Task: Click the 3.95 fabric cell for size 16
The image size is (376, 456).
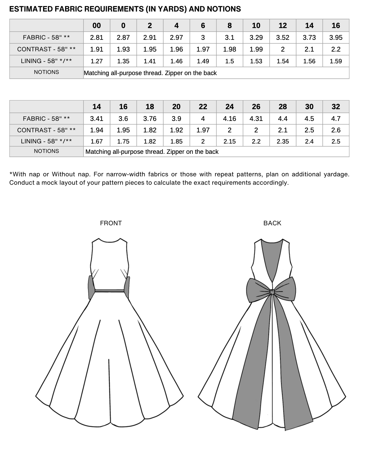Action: pyautogui.click(x=336, y=37)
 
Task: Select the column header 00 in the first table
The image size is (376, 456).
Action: pyautogui.click(x=97, y=26)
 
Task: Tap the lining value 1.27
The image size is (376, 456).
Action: pyautogui.click(x=97, y=61)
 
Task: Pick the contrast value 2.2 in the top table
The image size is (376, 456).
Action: pyautogui.click(x=336, y=49)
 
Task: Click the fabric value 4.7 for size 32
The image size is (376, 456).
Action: pyautogui.click(x=336, y=119)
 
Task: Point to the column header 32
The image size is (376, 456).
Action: pyautogui.click(x=336, y=107)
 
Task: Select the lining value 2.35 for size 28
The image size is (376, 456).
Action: pyautogui.click(x=283, y=141)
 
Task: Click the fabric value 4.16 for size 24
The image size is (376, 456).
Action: pyautogui.click(x=230, y=119)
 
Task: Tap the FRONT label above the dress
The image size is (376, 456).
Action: pyautogui.click(x=111, y=223)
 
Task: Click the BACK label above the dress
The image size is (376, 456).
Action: pyautogui.click(x=272, y=223)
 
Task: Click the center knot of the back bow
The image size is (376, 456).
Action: pyautogui.click(x=272, y=291)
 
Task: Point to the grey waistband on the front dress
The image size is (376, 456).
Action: pyautogui.click(x=109, y=291)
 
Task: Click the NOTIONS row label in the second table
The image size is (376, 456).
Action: pyautogui.click(x=46, y=151)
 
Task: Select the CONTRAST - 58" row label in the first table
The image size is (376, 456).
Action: pyautogui.click(x=46, y=49)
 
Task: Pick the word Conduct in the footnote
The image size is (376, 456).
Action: pyautogui.click(x=22, y=183)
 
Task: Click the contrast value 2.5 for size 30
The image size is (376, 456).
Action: pyautogui.click(x=309, y=130)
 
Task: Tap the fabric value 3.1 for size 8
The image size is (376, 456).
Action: pyautogui.click(x=230, y=37)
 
